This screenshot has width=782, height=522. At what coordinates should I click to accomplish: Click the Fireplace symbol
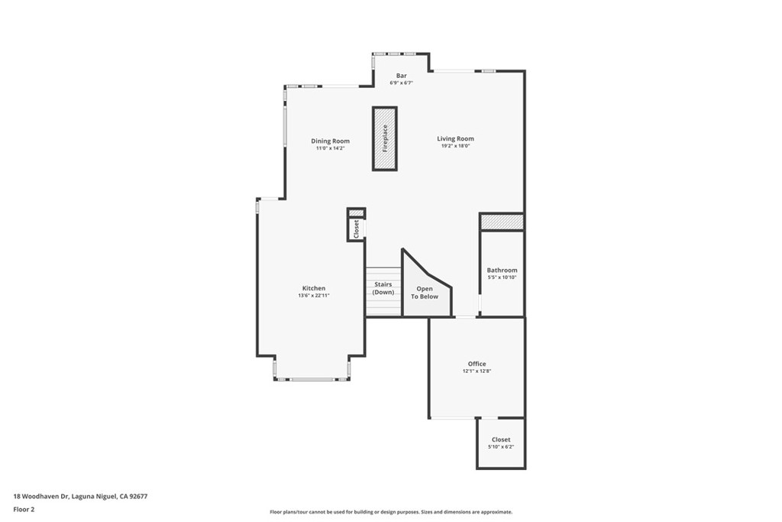click(385, 138)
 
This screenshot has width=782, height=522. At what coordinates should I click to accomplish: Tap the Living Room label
click(455, 139)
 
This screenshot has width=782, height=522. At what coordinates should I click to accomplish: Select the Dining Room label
click(330, 141)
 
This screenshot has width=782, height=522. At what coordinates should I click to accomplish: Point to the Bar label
click(401, 76)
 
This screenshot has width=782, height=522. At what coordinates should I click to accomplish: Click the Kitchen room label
click(313, 288)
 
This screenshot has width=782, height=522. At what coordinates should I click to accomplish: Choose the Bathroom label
click(502, 270)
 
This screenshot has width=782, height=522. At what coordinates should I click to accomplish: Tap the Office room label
click(477, 364)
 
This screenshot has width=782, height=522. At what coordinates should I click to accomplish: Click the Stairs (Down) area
click(383, 288)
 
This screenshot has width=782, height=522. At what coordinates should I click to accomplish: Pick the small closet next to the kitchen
click(356, 229)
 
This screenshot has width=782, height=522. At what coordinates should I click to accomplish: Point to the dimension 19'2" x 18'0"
click(455, 146)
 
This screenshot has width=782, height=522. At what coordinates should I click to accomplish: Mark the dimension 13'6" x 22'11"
click(313, 296)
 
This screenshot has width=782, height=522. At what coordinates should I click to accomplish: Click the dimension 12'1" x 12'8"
click(477, 371)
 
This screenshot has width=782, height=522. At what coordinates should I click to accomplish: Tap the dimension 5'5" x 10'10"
click(502, 277)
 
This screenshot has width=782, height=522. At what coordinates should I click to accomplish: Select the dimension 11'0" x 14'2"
click(330, 148)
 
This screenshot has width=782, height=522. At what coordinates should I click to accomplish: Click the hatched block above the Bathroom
click(502, 222)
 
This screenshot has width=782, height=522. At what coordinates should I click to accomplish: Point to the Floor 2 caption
click(24, 508)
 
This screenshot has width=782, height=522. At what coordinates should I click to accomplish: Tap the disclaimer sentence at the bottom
click(390, 512)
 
